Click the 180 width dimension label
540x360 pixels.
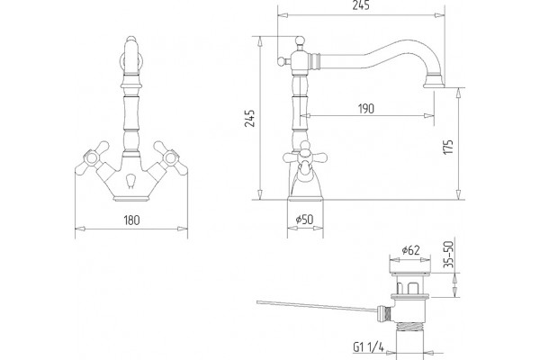click(x=131, y=220)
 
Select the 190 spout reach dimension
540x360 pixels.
click(x=365, y=109)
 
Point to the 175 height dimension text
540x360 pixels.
click(x=448, y=147)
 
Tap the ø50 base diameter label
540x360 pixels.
click(x=305, y=219)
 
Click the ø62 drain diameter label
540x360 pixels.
click(x=411, y=250)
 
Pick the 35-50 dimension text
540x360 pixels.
click(x=448, y=255)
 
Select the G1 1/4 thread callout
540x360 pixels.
click(x=368, y=346)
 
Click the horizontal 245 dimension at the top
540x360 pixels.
click(x=361, y=5)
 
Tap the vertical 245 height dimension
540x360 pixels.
click(x=249, y=118)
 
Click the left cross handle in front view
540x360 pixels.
click(x=93, y=157)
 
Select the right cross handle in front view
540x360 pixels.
click(x=170, y=157)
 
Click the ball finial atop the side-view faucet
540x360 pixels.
click(x=300, y=41)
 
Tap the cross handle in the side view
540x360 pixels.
click(x=305, y=158)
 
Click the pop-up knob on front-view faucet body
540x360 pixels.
click(x=130, y=181)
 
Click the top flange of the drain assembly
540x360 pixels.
click(x=409, y=274)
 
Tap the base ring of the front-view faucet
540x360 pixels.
click(x=131, y=199)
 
